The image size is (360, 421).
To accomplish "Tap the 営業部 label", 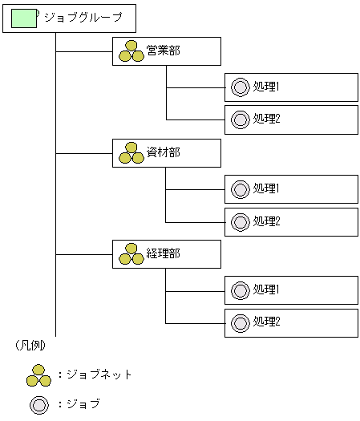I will [x=164, y=51].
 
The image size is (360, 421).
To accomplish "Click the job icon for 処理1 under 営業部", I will [x=240, y=87].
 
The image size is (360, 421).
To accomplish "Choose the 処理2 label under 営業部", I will [x=266, y=119].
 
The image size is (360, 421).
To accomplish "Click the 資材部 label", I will [x=164, y=152].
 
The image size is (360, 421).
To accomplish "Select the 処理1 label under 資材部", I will [x=266, y=188].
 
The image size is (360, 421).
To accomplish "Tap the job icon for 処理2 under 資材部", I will [x=240, y=221].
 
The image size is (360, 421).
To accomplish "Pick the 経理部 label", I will [x=164, y=254].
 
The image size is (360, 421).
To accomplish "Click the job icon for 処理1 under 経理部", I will [x=240, y=289].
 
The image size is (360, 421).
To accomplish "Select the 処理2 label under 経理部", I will [x=266, y=322].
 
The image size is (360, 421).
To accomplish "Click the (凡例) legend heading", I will [x=30, y=346].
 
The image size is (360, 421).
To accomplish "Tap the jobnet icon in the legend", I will [x=38, y=375].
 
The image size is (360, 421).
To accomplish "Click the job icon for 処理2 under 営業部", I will [x=240, y=119].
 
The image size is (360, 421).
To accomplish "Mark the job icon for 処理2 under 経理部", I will [x=240, y=322].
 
